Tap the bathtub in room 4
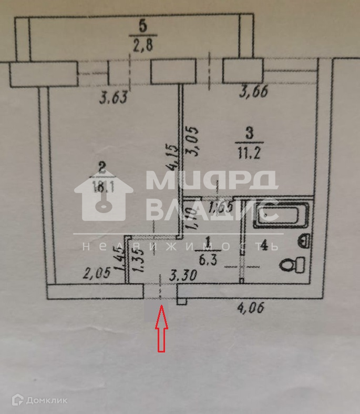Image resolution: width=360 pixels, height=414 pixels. pyautogui.click(x=280, y=215)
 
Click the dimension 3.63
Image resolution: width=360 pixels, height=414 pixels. pyautogui.click(x=114, y=97)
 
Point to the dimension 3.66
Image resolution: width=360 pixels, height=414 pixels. pyautogui.click(x=254, y=92)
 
